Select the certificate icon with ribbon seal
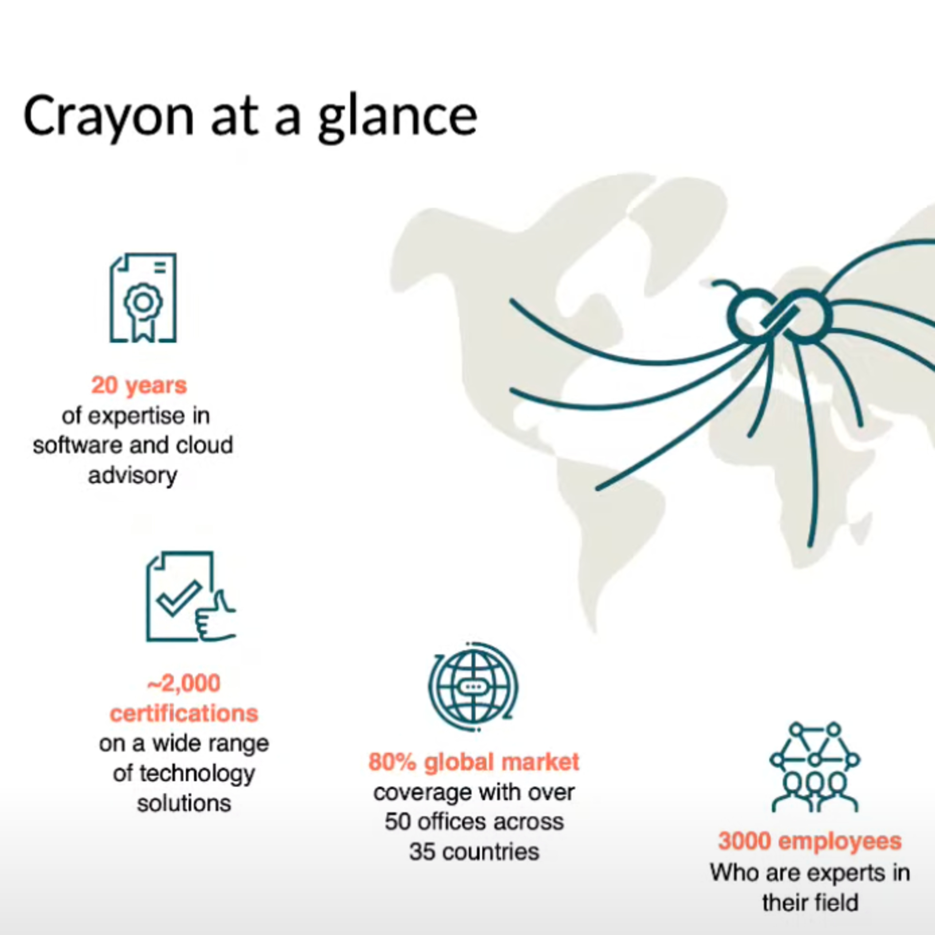(x=143, y=298)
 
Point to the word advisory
(x=132, y=476)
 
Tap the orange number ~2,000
(x=184, y=683)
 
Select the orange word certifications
(x=184, y=713)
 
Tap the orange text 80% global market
(x=474, y=762)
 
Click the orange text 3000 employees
(x=810, y=841)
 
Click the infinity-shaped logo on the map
(x=780, y=315)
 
